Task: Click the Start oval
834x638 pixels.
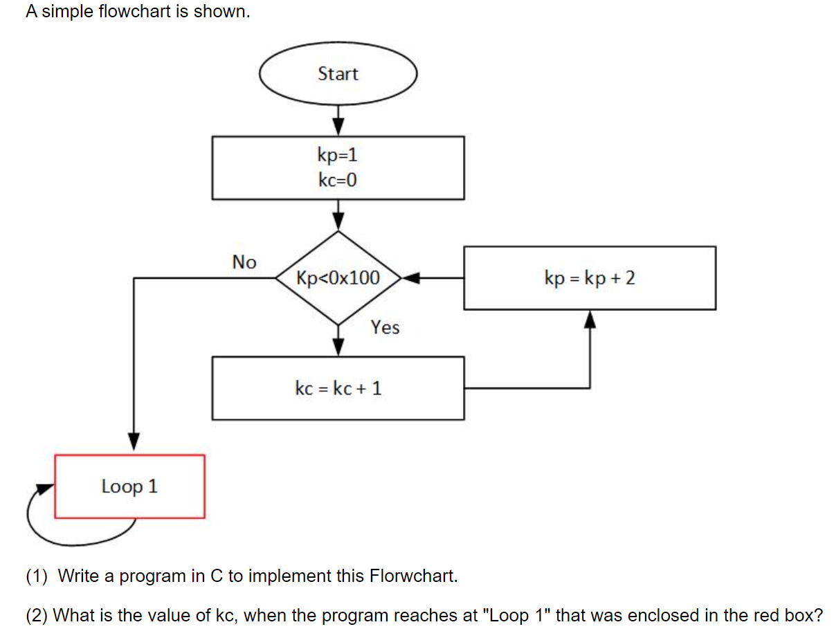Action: point(338,73)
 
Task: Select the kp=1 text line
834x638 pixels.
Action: point(338,155)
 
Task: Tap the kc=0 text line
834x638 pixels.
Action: point(338,181)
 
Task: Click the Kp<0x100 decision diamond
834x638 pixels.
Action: point(338,278)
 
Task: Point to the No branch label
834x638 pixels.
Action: point(244,262)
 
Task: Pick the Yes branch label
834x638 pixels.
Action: point(385,327)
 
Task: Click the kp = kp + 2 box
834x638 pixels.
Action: point(590,278)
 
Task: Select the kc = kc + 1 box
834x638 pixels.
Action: point(338,388)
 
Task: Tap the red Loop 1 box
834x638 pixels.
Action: point(129,486)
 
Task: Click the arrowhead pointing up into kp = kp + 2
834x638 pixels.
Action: point(590,319)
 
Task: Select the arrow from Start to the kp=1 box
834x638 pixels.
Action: point(338,120)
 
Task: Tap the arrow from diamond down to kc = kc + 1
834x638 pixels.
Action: point(338,341)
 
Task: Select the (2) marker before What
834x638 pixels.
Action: point(37,615)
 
